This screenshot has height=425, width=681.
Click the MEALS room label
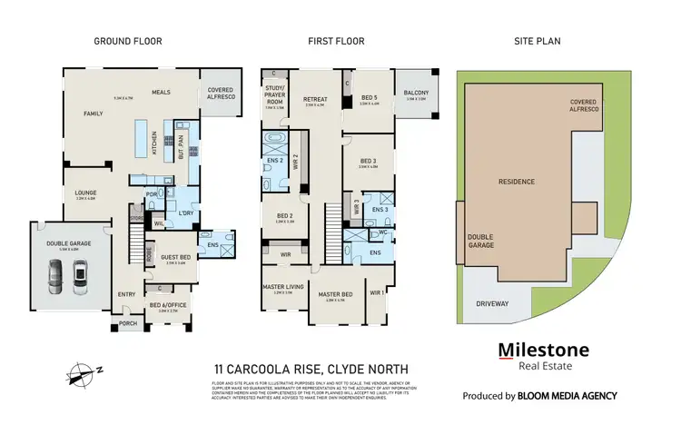[162, 92]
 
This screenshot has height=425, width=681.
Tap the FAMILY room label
[93, 114]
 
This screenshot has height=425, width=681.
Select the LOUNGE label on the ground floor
[85, 193]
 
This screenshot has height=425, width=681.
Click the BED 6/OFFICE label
[170, 305]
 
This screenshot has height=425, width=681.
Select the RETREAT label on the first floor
[315, 99]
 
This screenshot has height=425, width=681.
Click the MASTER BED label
[335, 294]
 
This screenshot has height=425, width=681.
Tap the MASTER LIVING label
[282, 288]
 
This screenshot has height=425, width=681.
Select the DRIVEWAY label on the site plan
[491, 304]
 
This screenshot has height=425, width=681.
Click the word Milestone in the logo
[543, 351]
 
